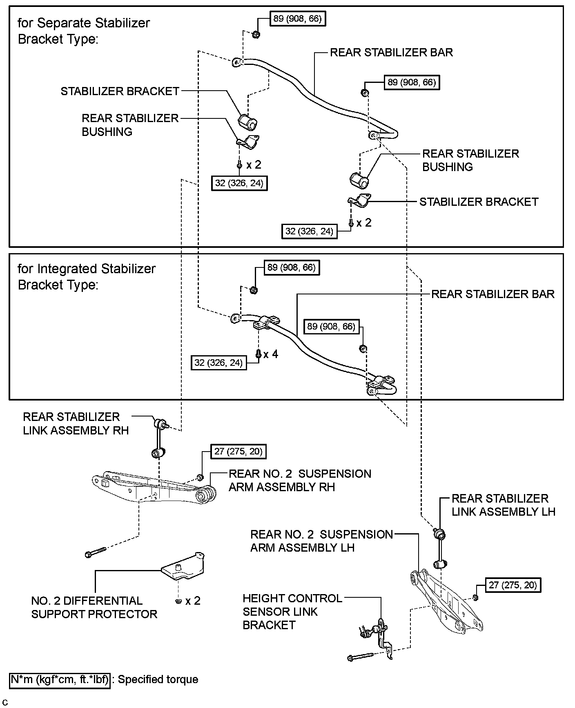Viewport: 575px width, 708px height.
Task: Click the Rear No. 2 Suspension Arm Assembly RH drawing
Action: [x=155, y=487]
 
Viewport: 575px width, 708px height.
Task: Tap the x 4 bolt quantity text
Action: [x=271, y=354]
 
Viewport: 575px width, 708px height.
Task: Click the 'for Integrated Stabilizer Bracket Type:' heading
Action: [x=87, y=276]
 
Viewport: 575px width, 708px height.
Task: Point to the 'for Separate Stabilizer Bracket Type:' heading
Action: [x=84, y=31]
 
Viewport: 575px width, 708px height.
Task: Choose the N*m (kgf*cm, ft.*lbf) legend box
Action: [x=60, y=679]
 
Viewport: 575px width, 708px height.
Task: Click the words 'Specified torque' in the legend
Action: [x=158, y=679]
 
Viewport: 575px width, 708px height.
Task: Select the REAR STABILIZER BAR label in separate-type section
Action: [x=391, y=52]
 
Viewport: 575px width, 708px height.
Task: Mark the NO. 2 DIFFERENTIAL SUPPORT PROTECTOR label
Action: [x=94, y=607]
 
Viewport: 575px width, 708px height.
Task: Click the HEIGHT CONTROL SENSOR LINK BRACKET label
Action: [x=292, y=612]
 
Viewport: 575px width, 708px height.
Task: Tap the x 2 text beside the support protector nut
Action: [x=193, y=601]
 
